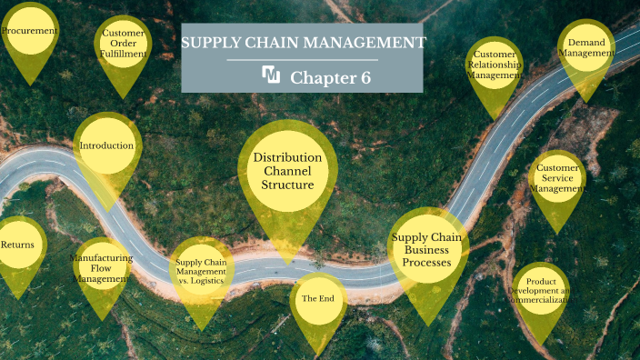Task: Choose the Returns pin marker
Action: click(x=18, y=245)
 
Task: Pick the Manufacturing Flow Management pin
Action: click(x=101, y=269)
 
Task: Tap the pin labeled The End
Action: click(x=318, y=299)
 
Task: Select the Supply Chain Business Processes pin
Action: click(x=427, y=250)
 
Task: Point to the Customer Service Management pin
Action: click(x=557, y=178)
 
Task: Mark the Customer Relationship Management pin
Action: click(x=495, y=66)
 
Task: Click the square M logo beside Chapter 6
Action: click(x=271, y=75)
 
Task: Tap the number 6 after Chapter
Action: click(x=365, y=78)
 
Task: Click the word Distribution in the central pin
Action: click(x=288, y=157)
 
